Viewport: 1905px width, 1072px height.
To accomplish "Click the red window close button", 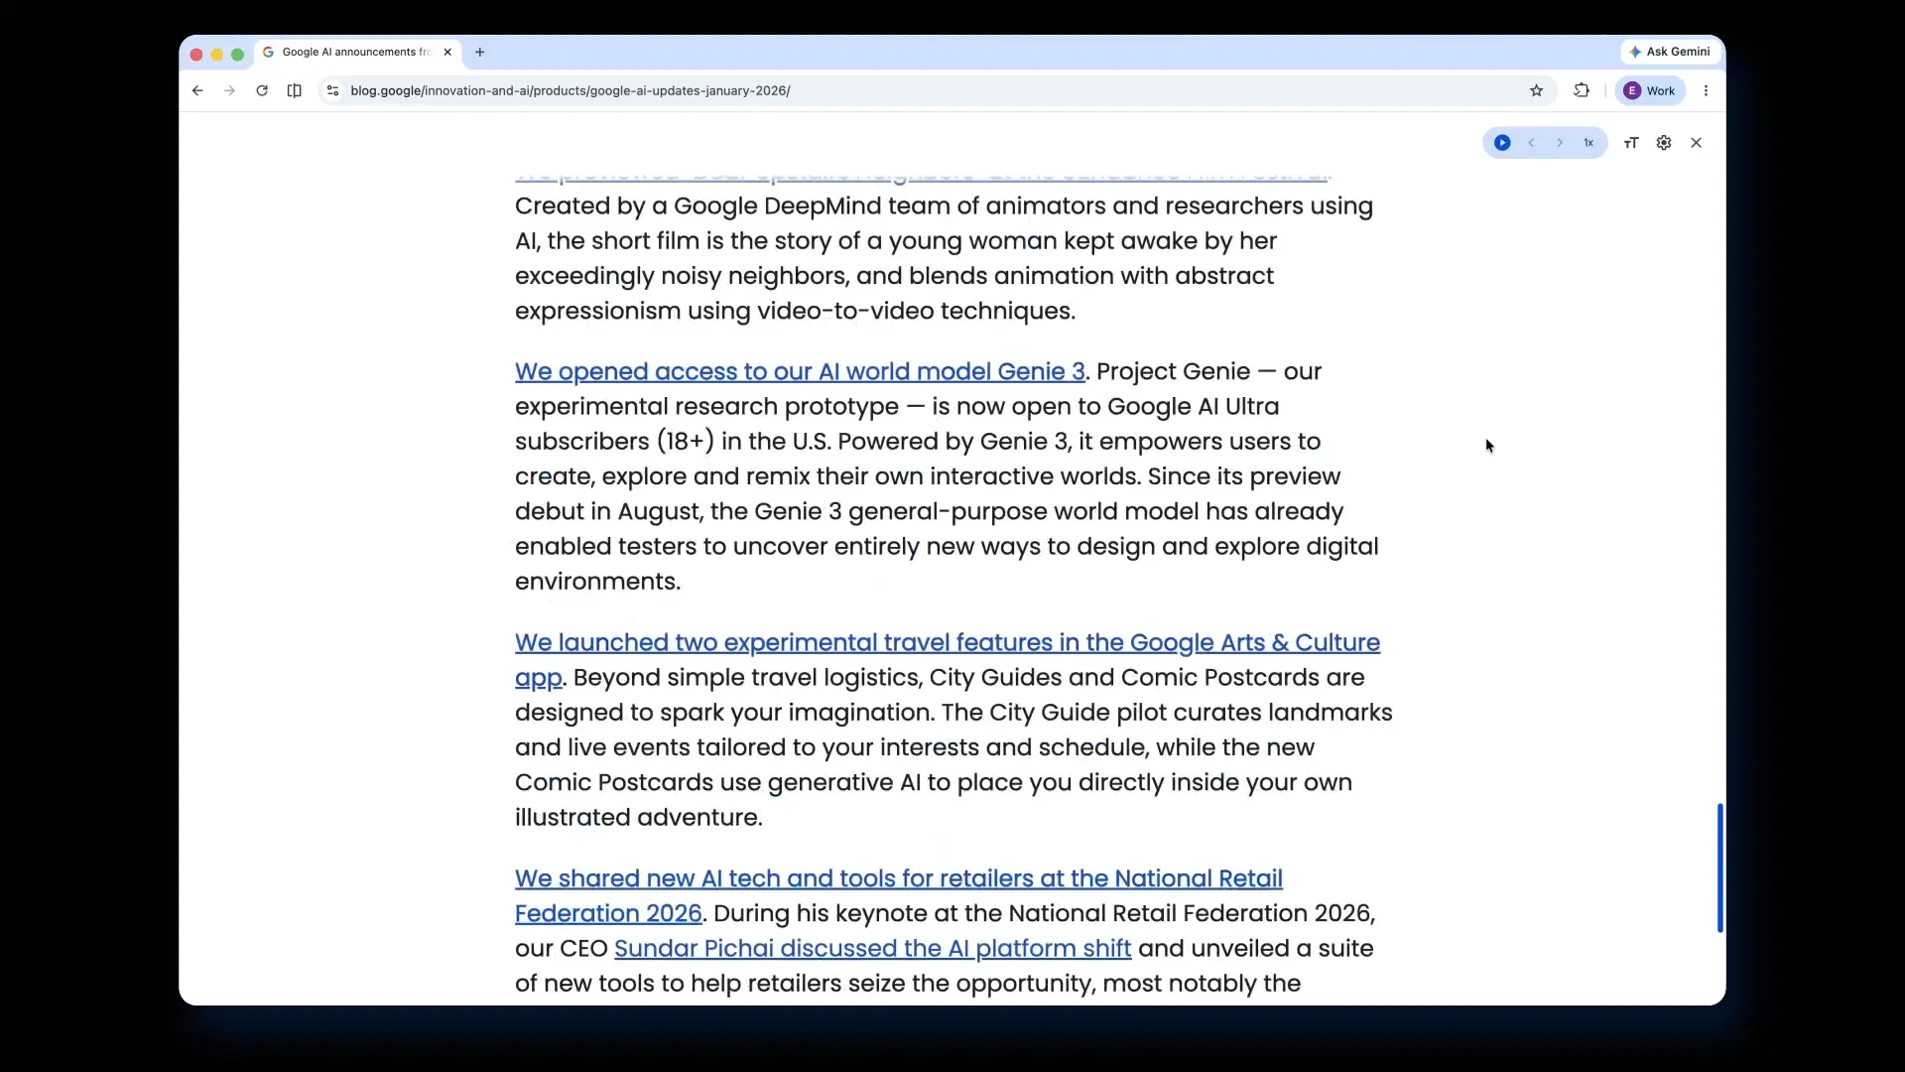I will [196, 55].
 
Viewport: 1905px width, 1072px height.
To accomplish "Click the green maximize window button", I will [237, 55].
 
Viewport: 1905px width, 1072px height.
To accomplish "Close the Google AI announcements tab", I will [447, 53].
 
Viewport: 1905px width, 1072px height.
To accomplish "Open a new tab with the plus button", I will [480, 53].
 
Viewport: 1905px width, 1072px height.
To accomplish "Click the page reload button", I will [262, 90].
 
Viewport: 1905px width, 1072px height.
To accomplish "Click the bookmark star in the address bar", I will [1536, 90].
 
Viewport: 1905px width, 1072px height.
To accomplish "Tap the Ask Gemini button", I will [1669, 52].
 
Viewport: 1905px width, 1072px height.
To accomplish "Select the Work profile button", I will [1649, 90].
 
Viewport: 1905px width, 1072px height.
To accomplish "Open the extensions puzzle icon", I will [1582, 90].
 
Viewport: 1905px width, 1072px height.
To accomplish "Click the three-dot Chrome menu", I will [1706, 90].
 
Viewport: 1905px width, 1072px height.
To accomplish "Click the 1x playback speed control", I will [1588, 143].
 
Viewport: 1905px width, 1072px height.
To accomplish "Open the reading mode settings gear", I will [1664, 143].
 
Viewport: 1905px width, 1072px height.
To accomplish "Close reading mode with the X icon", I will [1697, 143].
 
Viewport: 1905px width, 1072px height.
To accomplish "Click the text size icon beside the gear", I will [1631, 143].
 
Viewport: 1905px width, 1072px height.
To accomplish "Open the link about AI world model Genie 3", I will [799, 372].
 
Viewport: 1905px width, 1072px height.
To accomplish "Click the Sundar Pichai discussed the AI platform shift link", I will [872, 949].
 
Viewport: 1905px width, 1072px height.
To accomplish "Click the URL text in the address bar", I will [570, 90].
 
